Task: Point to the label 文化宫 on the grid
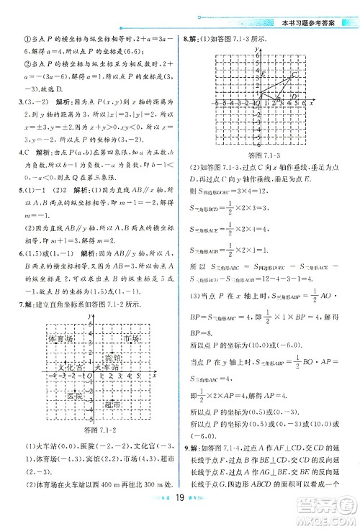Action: tap(70, 367)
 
